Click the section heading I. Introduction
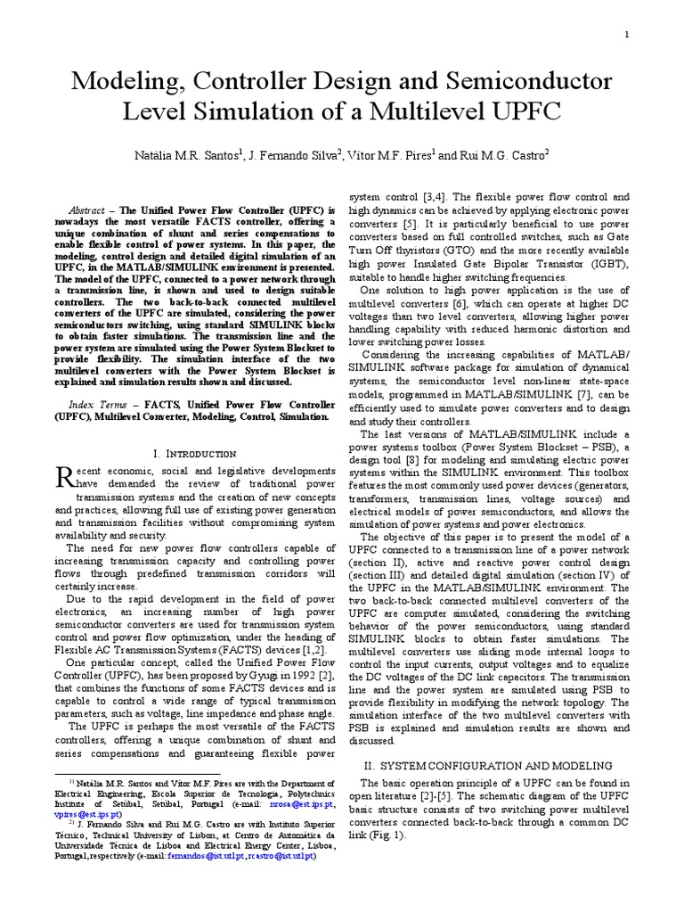point(194,454)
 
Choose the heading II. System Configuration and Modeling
point(488,765)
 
